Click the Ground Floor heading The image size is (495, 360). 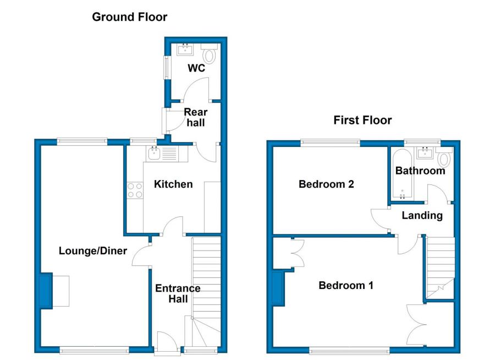129,17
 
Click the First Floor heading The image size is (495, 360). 362,120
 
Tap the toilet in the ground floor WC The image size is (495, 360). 209,54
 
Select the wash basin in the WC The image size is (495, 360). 185,50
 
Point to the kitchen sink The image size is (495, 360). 154,154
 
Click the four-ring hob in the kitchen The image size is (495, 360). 135,190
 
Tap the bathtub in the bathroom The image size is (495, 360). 402,173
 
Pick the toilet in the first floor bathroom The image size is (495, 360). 444,157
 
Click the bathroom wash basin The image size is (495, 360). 425,153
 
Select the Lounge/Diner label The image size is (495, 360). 93,251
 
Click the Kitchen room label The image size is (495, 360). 173,184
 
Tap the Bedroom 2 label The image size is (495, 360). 326,184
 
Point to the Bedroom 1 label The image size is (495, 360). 346,285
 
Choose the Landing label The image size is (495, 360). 422,216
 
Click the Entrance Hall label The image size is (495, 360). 178,293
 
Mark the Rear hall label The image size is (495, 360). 195,117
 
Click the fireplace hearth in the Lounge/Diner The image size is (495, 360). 61,291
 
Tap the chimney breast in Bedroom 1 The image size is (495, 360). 278,288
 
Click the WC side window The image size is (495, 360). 166,68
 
